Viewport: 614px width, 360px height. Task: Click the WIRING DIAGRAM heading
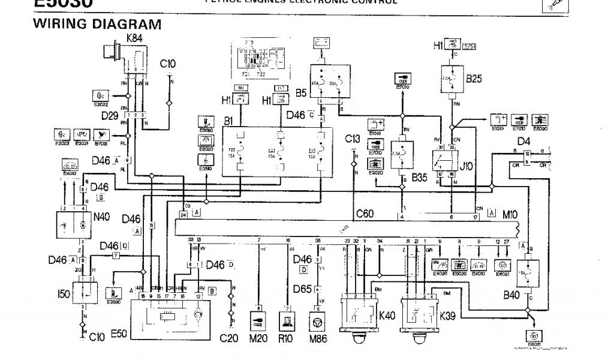[x=97, y=25]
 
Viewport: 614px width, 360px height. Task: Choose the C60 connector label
[x=365, y=213]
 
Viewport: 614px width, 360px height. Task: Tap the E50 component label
[x=119, y=333]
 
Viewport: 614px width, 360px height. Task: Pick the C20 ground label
[x=228, y=338]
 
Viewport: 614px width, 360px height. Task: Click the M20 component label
[x=259, y=338]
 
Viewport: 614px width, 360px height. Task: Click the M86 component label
[x=318, y=338]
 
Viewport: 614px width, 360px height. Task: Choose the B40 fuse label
[x=511, y=295]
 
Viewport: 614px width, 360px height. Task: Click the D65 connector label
[x=303, y=289]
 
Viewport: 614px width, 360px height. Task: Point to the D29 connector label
[x=110, y=114]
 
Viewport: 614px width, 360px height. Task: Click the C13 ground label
[x=353, y=139]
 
